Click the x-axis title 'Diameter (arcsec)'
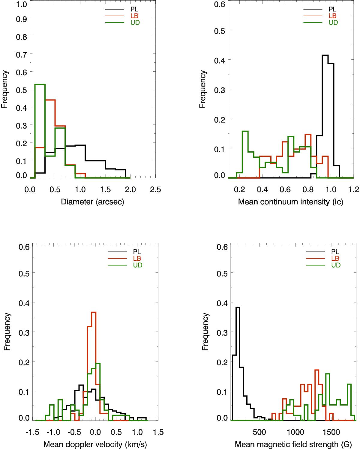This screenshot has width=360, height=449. coord(92,202)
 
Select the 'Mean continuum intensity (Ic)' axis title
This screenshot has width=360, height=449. coord(290,202)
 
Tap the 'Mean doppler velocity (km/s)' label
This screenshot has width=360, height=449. coord(95,444)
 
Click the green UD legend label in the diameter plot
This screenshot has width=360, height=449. coord(135,23)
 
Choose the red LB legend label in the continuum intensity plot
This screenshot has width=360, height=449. coord(332,16)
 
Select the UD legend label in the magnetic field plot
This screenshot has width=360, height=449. coord(336,265)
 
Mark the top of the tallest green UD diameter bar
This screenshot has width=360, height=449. coord(40,85)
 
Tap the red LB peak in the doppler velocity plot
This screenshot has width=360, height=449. coord(93,312)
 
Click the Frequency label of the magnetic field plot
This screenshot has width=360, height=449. coord(205,332)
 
